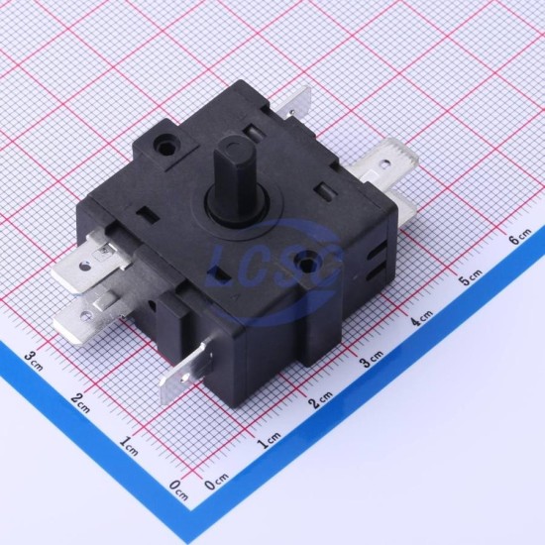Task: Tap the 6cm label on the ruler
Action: [x=520, y=237]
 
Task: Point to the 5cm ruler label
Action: [x=472, y=276]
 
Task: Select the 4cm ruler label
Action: [x=421, y=317]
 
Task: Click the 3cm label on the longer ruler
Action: [x=372, y=358]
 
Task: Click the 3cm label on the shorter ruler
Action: [x=34, y=361]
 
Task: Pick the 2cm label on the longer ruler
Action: [x=321, y=399]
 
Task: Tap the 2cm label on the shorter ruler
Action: [x=80, y=403]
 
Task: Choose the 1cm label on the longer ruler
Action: [x=269, y=440]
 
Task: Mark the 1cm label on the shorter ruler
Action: [x=128, y=446]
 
